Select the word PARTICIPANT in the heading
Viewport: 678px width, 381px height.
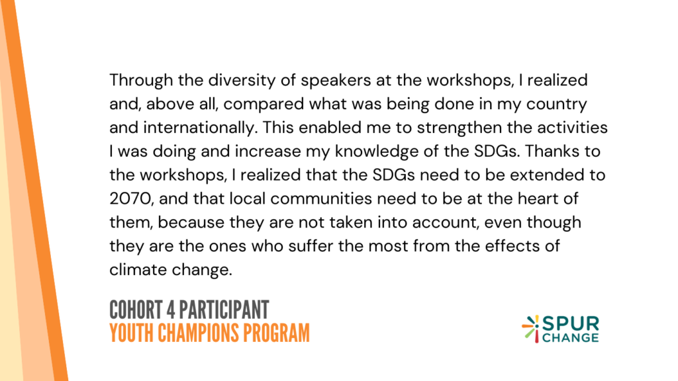pos(224,310)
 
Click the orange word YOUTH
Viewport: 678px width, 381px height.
pos(132,333)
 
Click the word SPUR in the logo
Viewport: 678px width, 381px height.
pos(570,323)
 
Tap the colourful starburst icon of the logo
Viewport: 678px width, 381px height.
pos(531,329)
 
